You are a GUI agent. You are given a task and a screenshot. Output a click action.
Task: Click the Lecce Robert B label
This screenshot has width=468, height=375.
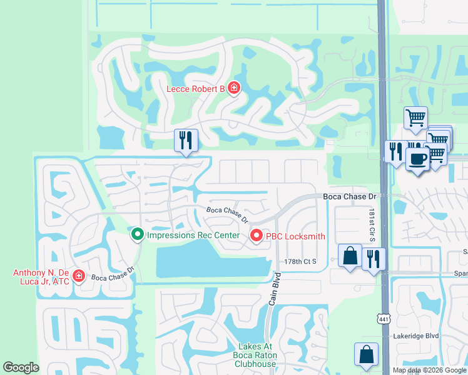point(195,89)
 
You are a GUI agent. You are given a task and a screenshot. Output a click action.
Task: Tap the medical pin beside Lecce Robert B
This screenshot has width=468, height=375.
point(233,88)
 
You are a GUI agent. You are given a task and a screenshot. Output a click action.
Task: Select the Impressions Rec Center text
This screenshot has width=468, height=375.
point(193,236)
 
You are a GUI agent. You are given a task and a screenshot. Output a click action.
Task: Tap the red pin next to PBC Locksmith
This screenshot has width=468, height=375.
point(256,236)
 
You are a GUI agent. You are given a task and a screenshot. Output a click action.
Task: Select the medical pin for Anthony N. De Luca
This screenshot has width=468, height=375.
point(79,276)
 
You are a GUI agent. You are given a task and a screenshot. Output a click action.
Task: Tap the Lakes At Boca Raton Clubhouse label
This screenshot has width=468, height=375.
point(257,356)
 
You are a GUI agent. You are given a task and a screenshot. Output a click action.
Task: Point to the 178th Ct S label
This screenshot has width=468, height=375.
point(300,261)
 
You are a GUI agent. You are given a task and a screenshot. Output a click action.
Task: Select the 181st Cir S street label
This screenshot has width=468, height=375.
point(370,226)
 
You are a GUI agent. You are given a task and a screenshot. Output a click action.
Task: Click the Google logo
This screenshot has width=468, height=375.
point(21,367)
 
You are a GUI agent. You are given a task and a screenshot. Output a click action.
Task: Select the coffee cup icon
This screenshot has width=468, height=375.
point(417,158)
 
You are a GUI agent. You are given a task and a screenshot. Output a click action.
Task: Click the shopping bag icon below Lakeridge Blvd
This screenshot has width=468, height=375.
point(366,354)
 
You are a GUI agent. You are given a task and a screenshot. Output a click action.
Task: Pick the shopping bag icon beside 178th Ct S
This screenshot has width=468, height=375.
point(349,256)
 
